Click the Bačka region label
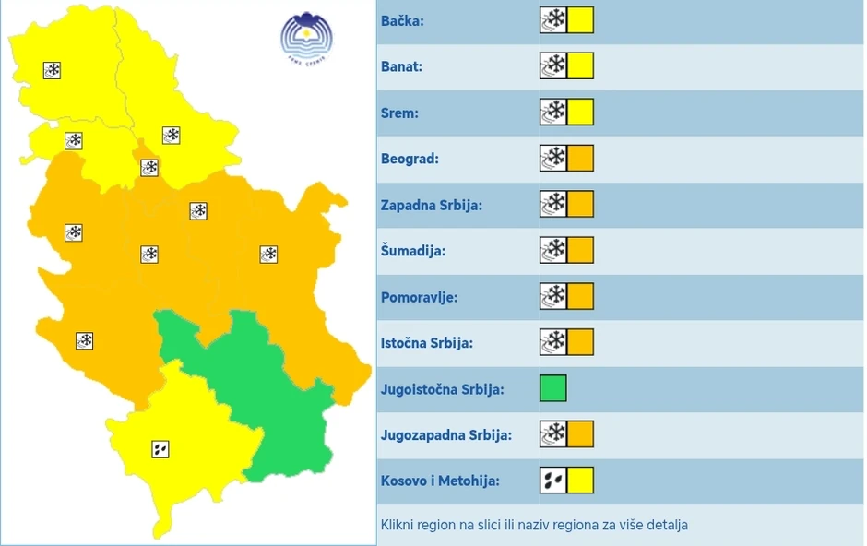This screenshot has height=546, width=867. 402,20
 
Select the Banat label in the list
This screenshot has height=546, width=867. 401,66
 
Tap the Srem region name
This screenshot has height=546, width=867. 399,113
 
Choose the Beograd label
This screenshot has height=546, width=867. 410,159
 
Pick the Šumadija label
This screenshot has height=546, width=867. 413,251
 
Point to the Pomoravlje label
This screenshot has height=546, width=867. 419,297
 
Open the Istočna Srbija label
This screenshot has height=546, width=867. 427,343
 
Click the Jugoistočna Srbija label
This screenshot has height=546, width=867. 443,389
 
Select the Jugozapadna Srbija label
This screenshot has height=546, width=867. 446,435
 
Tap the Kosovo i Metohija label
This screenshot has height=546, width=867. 440,481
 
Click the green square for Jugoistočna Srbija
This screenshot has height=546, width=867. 553,388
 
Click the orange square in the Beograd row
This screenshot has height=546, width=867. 580,158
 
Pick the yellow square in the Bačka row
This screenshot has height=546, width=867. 580,19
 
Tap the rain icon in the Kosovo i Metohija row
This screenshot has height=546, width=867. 553,481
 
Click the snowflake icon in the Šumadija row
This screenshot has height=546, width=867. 553,250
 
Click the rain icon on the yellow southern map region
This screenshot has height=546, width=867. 160,449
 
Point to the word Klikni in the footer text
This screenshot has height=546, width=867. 398,525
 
